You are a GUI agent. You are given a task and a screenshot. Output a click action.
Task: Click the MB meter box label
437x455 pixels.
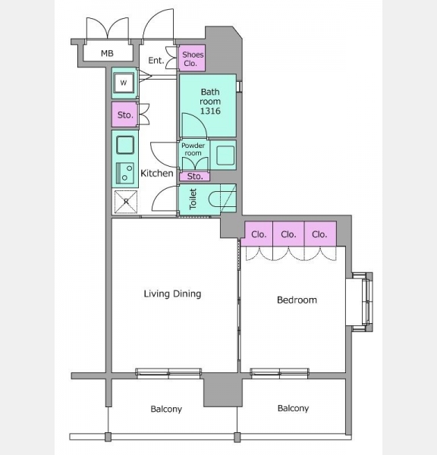click(107, 53)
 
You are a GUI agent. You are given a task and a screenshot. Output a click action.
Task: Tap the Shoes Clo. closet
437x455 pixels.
click(192, 58)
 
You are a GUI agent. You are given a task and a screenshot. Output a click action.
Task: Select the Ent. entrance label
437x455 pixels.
click(156, 61)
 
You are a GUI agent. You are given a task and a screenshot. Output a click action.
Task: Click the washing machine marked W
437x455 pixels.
click(124, 83)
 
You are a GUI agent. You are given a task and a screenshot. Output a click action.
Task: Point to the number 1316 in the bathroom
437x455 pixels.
click(210, 111)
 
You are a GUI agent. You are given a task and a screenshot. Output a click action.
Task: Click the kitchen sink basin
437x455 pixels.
click(125, 145)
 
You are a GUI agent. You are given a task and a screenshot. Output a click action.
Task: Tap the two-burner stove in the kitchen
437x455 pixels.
click(125, 173)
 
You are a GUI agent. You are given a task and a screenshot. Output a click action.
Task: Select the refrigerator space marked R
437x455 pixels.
click(126, 202)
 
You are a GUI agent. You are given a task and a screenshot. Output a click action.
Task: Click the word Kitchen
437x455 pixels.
click(157, 173)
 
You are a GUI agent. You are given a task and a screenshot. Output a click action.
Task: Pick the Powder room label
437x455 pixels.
click(193, 149)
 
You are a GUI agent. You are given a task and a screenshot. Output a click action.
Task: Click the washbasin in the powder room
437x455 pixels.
click(225, 155)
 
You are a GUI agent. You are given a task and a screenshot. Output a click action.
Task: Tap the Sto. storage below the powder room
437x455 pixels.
click(194, 177)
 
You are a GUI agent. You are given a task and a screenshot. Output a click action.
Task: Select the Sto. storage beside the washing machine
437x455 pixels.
click(125, 115)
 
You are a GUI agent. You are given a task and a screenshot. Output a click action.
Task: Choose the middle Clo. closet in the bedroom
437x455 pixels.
click(288, 234)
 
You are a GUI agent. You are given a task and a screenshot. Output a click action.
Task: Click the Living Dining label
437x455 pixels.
click(172, 293)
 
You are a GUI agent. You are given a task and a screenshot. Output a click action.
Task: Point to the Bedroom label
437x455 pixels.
click(297, 300)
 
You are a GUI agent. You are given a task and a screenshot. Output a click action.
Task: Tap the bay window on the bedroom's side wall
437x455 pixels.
click(363, 302)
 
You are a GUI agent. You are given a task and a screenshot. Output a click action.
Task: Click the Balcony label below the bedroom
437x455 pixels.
click(293, 408)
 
